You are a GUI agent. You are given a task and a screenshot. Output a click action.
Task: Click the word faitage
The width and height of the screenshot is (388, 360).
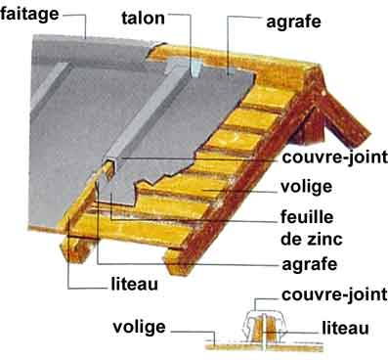click(29, 15)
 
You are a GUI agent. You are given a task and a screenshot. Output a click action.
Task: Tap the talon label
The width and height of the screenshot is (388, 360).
click(143, 18)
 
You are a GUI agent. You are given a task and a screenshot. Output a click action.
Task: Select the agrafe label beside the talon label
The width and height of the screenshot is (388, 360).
click(293, 22)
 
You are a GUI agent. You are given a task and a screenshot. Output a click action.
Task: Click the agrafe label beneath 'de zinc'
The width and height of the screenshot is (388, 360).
click(310, 264)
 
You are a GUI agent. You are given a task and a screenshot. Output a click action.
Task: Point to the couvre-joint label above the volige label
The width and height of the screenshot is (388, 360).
click(335, 157)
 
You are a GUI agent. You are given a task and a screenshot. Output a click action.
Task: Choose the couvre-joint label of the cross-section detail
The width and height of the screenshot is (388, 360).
click(335, 294)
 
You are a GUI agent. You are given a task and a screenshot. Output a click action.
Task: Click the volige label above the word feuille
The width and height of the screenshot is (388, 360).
click(306, 187)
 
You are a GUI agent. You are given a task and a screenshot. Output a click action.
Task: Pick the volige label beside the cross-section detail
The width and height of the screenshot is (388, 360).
click(139, 327)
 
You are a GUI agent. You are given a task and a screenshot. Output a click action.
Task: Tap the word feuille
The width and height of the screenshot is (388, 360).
click(307, 217)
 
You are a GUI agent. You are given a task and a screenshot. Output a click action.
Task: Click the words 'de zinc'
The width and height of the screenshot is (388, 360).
click(312, 239)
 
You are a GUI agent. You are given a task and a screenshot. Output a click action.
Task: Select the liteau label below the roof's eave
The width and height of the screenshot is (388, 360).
click(134, 284)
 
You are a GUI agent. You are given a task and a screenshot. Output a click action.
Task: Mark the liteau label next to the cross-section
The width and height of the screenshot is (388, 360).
click(346, 328)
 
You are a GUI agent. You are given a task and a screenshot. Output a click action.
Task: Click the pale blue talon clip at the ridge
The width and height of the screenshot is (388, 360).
click(196, 69)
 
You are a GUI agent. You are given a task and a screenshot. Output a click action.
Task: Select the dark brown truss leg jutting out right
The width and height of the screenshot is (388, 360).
click(345, 119)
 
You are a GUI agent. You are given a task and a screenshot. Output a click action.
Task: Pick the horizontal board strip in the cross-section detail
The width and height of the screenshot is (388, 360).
click(265, 347)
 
